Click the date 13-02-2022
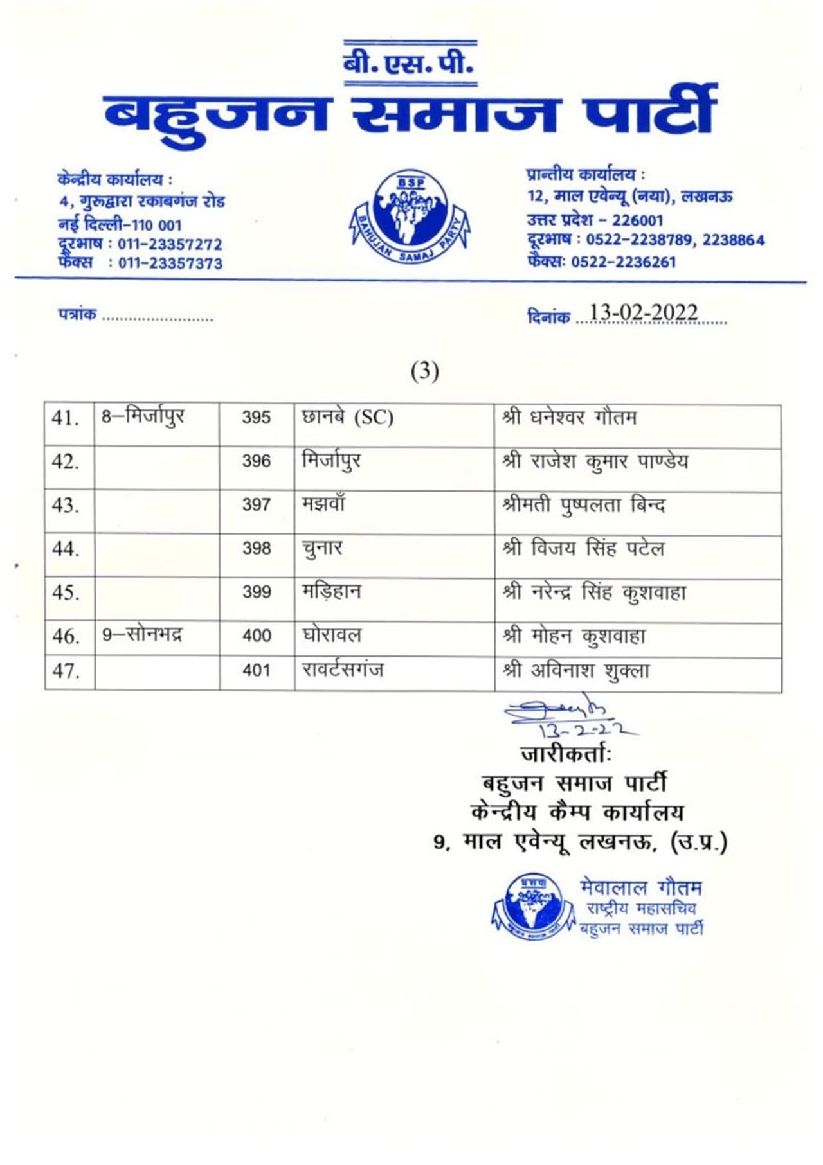coord(643,313)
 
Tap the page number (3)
coord(424,371)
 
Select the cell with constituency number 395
coord(256,418)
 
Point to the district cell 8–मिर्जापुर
coord(143,416)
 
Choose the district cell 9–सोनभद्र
coord(142,635)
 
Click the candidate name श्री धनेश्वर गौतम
coord(570,418)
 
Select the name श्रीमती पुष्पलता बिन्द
coord(583,505)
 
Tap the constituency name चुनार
coord(322,548)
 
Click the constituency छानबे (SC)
coord(347,418)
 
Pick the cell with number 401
coord(256,670)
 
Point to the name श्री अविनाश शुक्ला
coord(576,671)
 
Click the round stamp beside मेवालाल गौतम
coord(532,907)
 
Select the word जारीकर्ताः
coord(566,753)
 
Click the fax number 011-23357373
coord(170,263)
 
